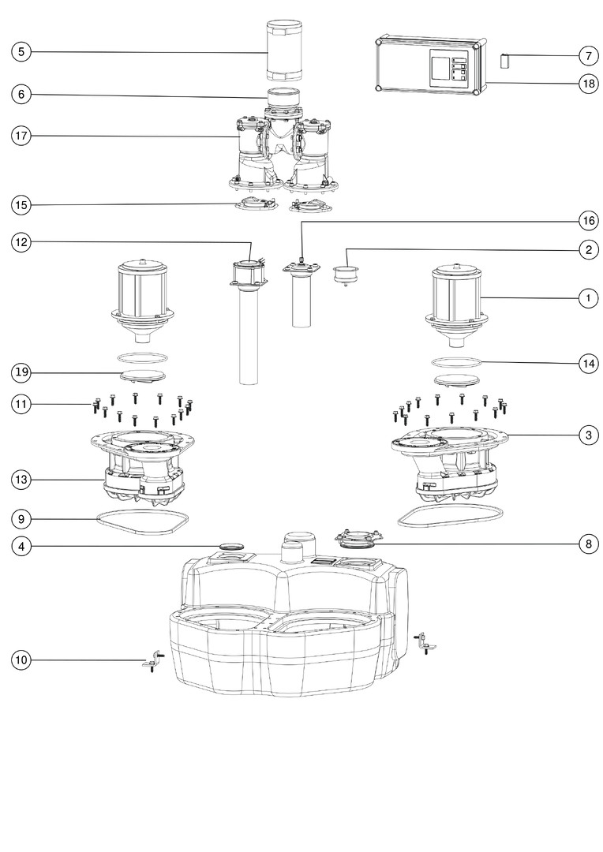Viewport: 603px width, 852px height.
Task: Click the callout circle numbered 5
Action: click(x=21, y=53)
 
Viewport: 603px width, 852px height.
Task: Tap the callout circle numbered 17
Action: click(x=21, y=136)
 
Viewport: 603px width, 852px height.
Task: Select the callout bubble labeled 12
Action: click(x=21, y=242)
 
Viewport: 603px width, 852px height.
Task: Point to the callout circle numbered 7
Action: click(x=587, y=56)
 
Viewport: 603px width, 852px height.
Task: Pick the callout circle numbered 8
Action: click(x=587, y=544)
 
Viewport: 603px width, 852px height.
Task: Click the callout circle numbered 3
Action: click(x=587, y=435)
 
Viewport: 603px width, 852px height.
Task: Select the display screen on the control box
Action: click(x=439, y=69)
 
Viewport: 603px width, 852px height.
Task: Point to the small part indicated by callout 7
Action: click(x=504, y=61)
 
